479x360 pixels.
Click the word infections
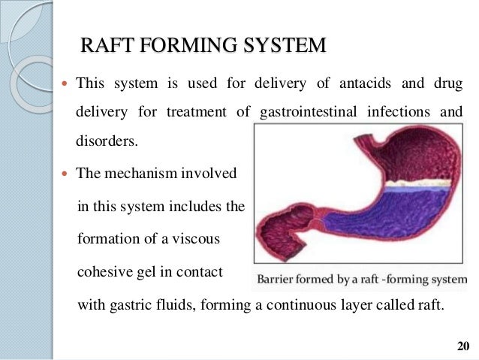(x=393, y=113)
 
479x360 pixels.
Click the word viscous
(x=197, y=239)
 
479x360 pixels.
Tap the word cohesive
(x=105, y=271)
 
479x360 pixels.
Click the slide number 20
(x=462, y=346)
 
